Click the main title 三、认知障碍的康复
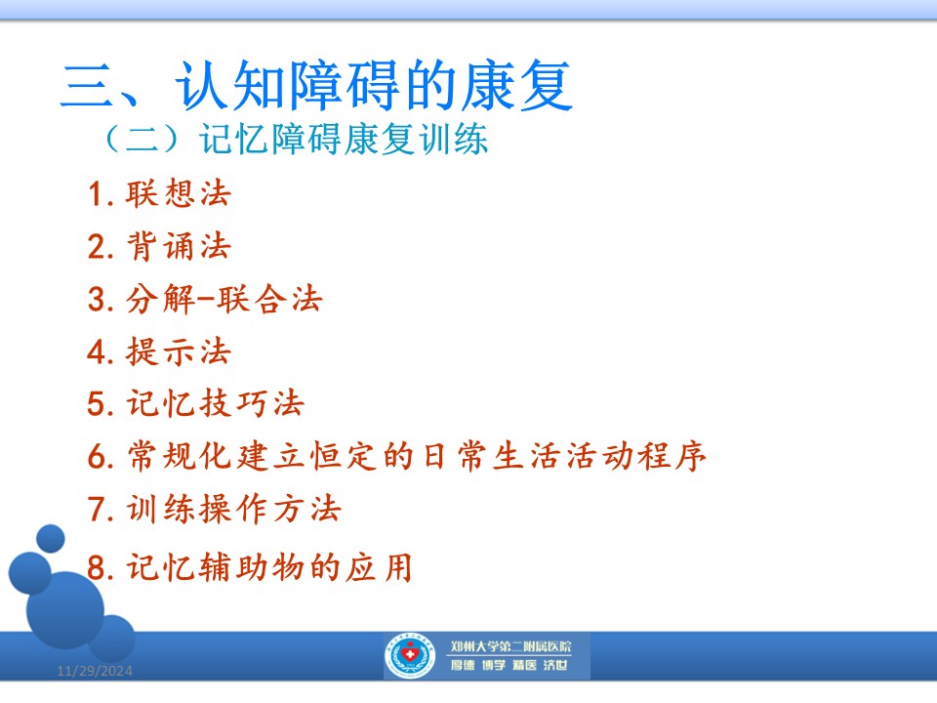pos(316,85)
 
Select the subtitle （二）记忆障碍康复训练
pos(297,140)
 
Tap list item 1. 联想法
pos(159,193)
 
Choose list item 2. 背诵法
pos(159,246)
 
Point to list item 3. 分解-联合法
pos(205,299)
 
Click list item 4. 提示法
pos(159,351)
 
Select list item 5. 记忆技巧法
pos(196,403)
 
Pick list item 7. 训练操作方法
pos(215,510)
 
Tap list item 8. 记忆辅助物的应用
pos(250,567)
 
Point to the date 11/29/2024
pos(95,672)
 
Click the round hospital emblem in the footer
pos(410,656)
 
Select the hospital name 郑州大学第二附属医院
pos(510,646)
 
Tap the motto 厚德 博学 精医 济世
pos(509,665)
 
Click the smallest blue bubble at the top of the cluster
pos(51,539)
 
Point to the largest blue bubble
pos(65,610)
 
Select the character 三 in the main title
pos(87,86)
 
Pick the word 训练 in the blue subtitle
pos(453,140)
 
